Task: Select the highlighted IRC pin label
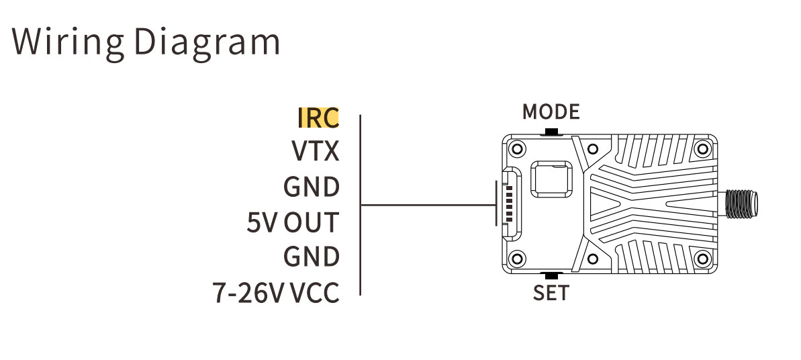tap(318, 118)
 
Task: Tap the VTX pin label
tap(315, 151)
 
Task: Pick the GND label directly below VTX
tap(312, 187)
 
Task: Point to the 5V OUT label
tap(293, 222)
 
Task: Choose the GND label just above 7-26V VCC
tap(312, 257)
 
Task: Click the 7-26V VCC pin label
tap(276, 293)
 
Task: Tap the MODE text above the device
tap(551, 111)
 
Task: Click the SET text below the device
tap(551, 293)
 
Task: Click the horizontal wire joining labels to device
tap(428, 205)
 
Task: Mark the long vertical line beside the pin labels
tap(361, 205)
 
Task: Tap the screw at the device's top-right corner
tap(702, 149)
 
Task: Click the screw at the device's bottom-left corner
tap(517, 258)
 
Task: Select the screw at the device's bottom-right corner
tap(702, 258)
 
